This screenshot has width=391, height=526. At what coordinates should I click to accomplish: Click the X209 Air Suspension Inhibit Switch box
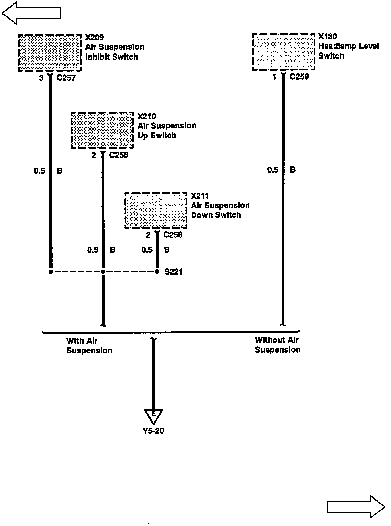coord(50,53)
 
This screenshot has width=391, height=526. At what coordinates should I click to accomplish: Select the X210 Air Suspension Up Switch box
coord(102,130)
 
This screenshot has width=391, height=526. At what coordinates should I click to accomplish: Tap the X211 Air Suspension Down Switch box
coord(156,210)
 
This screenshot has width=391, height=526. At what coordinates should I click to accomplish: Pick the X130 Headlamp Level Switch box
coord(284,52)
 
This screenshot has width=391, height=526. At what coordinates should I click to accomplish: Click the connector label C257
coord(66,78)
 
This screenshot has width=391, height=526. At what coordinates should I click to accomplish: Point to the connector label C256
coord(118,155)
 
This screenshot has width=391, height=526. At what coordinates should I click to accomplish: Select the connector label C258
coord(173,235)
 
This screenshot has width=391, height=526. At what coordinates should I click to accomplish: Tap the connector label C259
coord(299,77)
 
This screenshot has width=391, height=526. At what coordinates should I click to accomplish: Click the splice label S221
coord(173,272)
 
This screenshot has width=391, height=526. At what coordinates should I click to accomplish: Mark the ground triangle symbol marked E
coord(153,416)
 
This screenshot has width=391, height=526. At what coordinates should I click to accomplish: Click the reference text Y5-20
coord(153,431)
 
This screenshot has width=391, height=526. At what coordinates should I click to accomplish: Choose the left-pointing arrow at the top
coord(31,13)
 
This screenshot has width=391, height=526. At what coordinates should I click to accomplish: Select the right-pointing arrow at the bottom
coord(356,507)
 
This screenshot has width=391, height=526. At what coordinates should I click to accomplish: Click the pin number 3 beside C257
coord(41,78)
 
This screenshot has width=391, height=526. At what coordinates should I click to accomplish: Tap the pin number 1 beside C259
coord(274,77)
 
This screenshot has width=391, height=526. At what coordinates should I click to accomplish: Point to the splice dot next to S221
coord(157,272)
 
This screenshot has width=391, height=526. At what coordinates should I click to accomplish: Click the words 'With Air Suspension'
coord(89,345)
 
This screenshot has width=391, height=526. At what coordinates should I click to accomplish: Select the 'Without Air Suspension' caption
coord(277,345)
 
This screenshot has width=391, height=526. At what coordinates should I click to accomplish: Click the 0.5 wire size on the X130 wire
coord(273,170)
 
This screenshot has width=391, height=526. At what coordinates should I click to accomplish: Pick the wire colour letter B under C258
coord(167,250)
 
